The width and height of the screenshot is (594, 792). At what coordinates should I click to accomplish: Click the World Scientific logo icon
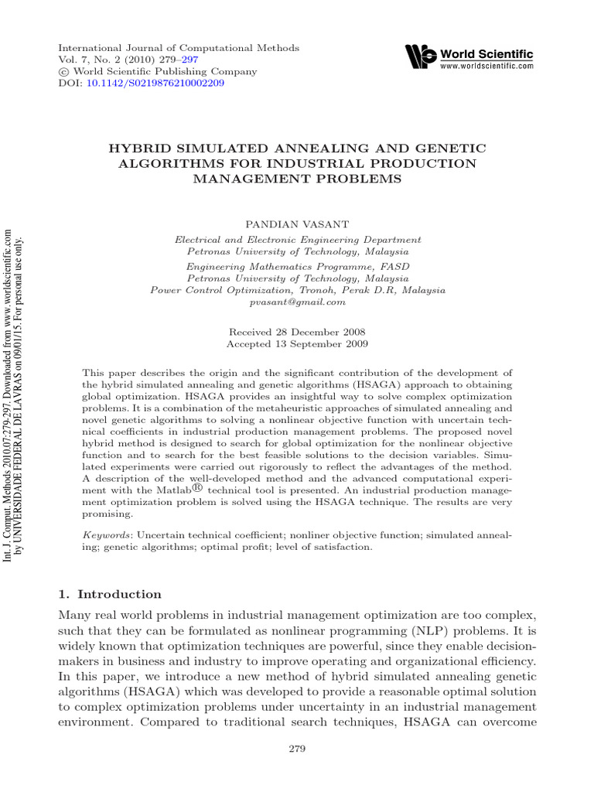coord(421,56)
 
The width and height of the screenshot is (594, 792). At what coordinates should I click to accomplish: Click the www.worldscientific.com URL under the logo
coord(486,67)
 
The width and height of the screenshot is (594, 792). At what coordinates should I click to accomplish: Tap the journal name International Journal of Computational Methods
coord(179,48)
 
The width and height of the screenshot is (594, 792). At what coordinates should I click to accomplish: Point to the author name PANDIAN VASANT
coord(297,223)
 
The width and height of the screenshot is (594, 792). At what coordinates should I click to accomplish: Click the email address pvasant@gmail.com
coord(297,302)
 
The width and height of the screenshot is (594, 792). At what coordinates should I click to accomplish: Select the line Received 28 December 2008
coord(297,331)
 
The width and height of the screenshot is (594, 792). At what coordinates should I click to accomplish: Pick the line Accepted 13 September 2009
coord(297,343)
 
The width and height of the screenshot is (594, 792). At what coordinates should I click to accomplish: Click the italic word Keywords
coord(106,535)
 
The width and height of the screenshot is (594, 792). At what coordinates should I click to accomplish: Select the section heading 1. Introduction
coord(111,594)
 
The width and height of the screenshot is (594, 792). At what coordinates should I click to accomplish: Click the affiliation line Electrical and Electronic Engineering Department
coord(298,241)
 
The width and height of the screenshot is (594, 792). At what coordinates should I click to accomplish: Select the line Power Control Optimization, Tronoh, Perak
coord(298,290)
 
